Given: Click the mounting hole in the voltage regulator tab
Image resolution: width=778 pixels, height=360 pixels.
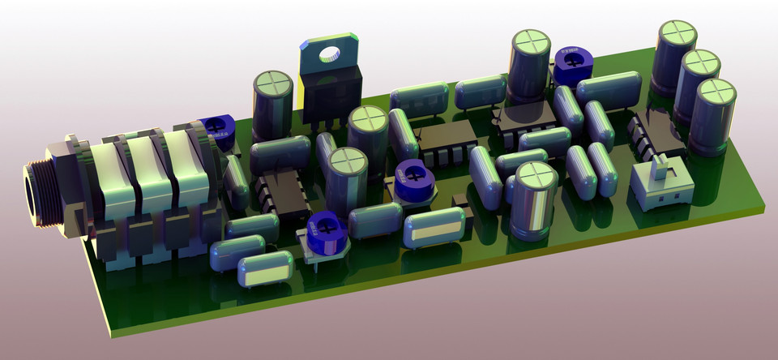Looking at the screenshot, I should click(x=330, y=55).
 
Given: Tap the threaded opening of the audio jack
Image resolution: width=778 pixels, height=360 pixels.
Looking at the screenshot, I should click(x=33, y=195).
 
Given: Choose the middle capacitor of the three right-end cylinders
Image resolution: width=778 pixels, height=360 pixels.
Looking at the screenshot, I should click(x=699, y=85).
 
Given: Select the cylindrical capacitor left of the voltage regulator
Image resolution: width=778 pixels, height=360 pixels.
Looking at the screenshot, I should click(x=272, y=105).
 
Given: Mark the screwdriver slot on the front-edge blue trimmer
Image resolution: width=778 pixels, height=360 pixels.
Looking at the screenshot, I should click(x=326, y=225).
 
